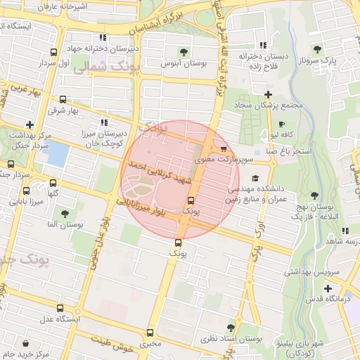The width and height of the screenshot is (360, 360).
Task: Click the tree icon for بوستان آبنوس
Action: pos(184,51)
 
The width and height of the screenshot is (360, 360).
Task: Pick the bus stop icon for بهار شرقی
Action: pos(64,99)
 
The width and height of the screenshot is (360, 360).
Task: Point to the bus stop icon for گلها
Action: pos(27,191)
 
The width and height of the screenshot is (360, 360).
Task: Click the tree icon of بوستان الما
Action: pos(65,213)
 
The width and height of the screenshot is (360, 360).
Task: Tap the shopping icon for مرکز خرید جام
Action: pos(26,343)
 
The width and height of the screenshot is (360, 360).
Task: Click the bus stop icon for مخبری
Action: pos(150,332)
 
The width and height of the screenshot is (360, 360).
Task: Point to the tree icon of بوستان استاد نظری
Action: pos(231,328)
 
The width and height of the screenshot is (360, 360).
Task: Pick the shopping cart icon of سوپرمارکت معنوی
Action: pos(224,148)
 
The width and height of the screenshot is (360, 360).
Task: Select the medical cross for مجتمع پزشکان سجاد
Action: pos(267,94)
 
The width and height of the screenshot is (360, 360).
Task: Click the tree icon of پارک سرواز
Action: pos(318,50)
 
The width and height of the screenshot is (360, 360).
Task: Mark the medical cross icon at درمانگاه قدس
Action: pos(327,288)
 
